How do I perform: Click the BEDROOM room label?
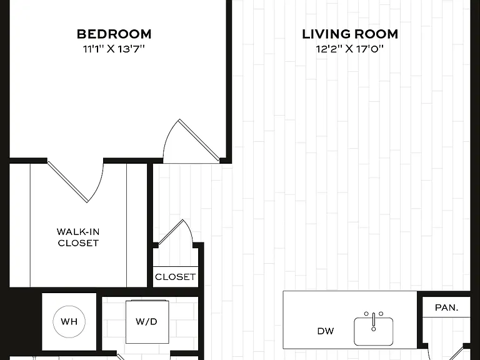click(114, 34)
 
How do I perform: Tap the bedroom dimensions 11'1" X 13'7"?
click(114, 49)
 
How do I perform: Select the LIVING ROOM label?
click(350, 34)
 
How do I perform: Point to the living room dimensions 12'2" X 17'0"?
click(350, 49)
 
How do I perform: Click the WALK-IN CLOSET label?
click(78, 237)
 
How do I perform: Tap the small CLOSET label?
click(175, 277)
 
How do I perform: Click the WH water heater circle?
click(69, 322)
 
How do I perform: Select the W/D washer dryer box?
click(147, 322)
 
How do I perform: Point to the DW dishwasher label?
click(326, 331)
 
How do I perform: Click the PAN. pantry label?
click(446, 307)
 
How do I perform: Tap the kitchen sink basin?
click(374, 331)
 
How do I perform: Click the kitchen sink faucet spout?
click(374, 321)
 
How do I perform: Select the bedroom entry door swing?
click(191, 141)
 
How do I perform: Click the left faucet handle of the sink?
click(366, 314)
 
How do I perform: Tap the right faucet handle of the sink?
click(381, 314)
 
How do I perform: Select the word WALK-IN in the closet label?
click(78, 232)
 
